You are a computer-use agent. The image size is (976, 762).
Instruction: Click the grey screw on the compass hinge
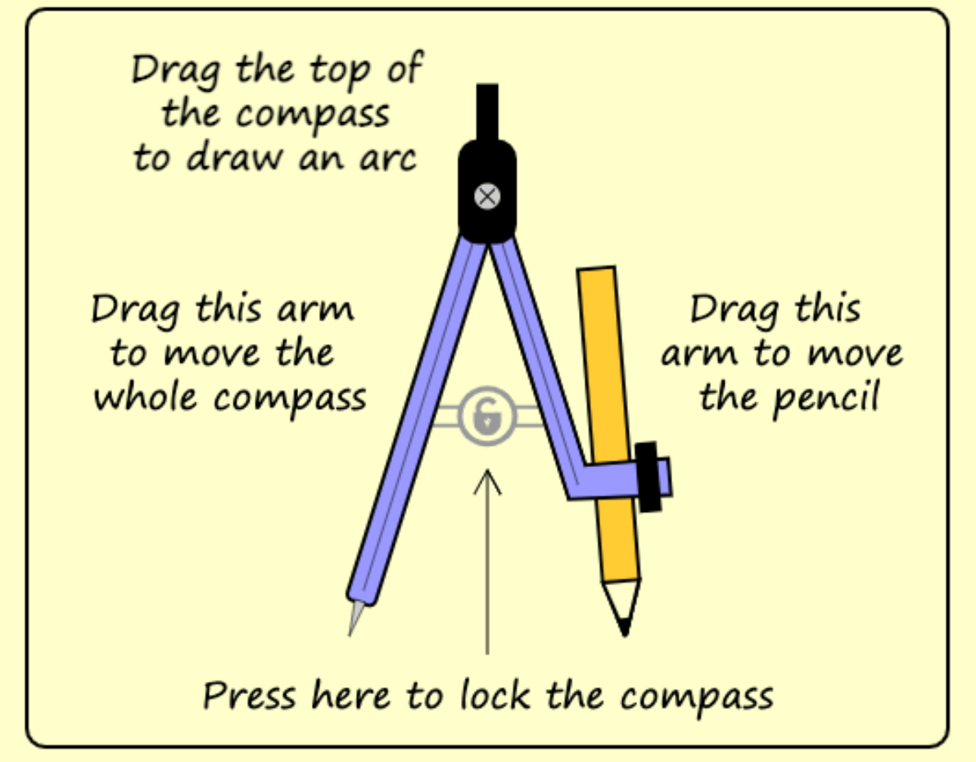coord(488,196)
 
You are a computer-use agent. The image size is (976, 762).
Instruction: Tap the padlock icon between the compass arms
coord(487,416)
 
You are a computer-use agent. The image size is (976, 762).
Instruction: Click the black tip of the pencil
coord(625,628)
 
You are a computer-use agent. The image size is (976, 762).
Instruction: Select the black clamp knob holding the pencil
coord(649,477)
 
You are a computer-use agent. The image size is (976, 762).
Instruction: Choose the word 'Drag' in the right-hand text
coord(725,309)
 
